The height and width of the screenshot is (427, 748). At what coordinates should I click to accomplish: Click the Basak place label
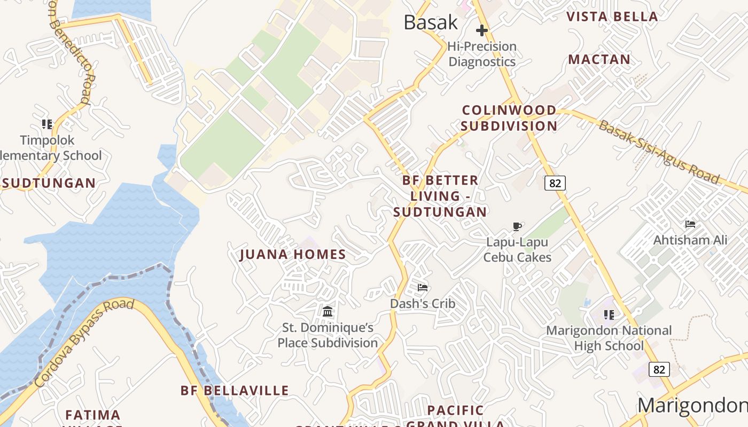pyautogui.click(x=431, y=22)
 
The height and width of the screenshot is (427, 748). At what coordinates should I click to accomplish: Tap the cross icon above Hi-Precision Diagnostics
pyautogui.click(x=481, y=30)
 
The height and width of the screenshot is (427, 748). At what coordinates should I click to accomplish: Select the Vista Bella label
pyautogui.click(x=612, y=17)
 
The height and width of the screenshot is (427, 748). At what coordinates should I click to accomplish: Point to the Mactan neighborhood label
pyautogui.click(x=599, y=59)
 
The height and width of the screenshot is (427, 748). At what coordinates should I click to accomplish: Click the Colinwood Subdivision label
pyautogui.click(x=509, y=118)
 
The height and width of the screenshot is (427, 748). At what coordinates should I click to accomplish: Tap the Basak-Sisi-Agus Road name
pyautogui.click(x=659, y=152)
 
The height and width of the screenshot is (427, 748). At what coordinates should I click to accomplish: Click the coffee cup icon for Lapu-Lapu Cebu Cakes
pyautogui.click(x=517, y=226)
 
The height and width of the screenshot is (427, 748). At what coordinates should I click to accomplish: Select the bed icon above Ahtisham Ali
pyautogui.click(x=690, y=224)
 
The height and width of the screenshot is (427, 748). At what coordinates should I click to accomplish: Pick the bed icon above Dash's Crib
pyautogui.click(x=423, y=288)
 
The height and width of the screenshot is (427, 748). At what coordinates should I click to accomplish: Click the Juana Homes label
pyautogui.click(x=293, y=255)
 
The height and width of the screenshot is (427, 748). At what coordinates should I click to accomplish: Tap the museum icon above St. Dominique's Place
pyautogui.click(x=328, y=311)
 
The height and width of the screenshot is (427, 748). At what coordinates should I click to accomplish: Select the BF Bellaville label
pyautogui.click(x=235, y=391)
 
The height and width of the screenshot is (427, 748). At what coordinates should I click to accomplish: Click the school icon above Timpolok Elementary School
pyautogui.click(x=47, y=124)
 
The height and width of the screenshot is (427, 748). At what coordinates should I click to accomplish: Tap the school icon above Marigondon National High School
pyautogui.click(x=609, y=315)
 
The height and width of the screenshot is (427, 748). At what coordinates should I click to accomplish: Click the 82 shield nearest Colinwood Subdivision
pyautogui.click(x=555, y=183)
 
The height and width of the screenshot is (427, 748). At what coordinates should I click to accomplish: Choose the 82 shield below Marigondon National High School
pyautogui.click(x=659, y=369)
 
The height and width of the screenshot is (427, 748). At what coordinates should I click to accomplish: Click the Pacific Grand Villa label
pyautogui.click(x=456, y=417)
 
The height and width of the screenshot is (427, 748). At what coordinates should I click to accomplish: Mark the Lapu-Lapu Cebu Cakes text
pyautogui.click(x=517, y=250)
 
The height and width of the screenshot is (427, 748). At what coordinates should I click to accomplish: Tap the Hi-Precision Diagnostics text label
pyautogui.click(x=482, y=54)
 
